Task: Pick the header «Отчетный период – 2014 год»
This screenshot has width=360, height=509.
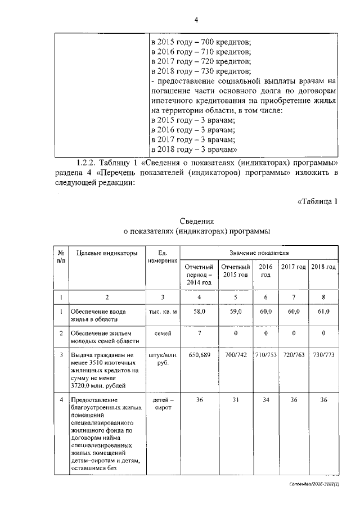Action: tap(198, 274)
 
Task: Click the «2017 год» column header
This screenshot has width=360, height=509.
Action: tap(294, 266)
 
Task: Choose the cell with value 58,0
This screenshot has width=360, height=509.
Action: tap(198, 311)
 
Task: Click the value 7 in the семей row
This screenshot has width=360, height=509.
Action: tap(198, 334)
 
